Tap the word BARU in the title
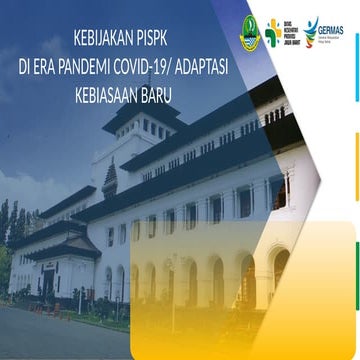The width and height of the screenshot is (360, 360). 172,99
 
